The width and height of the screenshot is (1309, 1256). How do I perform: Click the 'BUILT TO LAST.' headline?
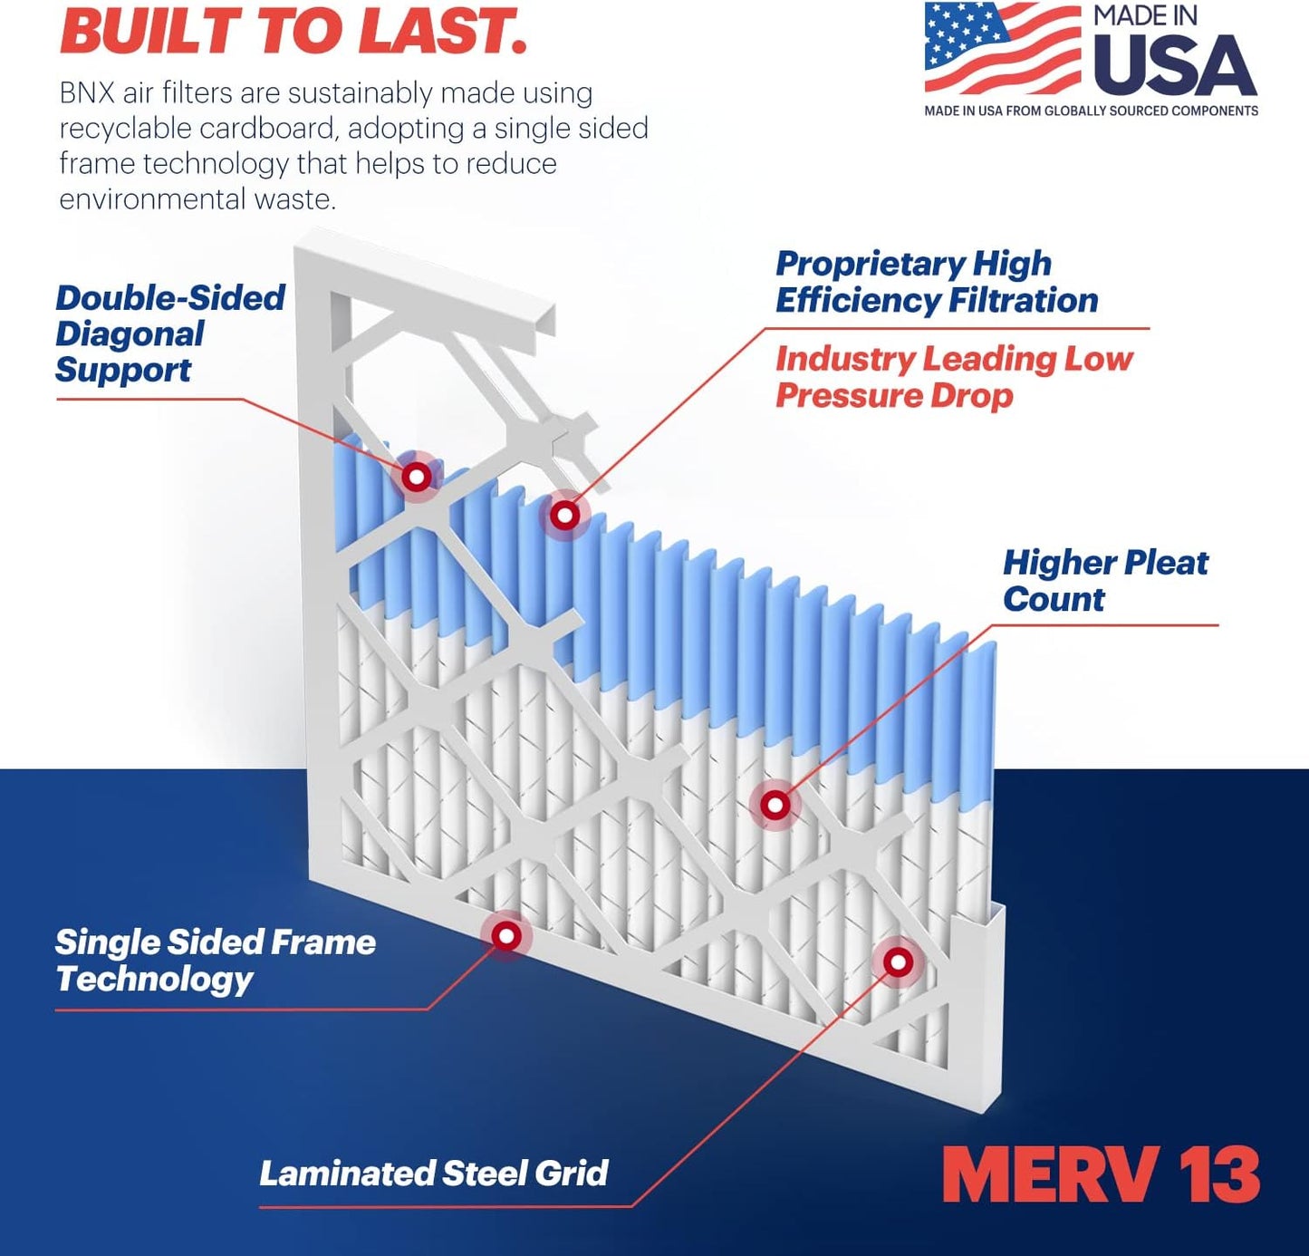(293, 31)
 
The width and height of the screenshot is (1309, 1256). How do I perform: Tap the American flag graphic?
(1002, 47)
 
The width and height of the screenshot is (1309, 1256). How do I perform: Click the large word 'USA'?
(1175, 65)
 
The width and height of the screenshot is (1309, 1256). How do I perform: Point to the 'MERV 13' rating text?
(1101, 1174)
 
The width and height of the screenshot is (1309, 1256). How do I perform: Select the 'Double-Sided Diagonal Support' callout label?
(169, 333)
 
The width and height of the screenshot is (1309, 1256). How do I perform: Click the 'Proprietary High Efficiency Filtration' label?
(936, 282)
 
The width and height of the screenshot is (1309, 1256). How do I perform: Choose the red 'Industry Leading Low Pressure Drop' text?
(953, 377)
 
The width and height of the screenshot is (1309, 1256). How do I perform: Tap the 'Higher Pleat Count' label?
(1104, 580)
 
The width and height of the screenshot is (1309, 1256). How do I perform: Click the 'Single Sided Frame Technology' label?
(215, 961)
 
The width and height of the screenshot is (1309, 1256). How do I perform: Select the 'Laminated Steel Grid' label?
(433, 1174)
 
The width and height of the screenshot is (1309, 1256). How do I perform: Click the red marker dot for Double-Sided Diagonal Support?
(417, 476)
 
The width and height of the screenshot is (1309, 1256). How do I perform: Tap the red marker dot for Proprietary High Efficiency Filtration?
(565, 516)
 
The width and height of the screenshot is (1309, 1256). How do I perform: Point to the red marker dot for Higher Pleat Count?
(775, 805)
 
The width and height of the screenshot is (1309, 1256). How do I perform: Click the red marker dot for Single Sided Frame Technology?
(506, 935)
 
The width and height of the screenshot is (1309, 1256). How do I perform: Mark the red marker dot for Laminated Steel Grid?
(898, 961)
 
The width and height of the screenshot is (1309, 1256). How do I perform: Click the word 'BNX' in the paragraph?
(87, 93)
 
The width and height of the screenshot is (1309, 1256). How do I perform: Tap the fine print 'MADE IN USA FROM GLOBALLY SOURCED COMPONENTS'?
(1091, 111)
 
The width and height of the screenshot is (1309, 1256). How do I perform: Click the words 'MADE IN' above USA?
(1145, 15)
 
